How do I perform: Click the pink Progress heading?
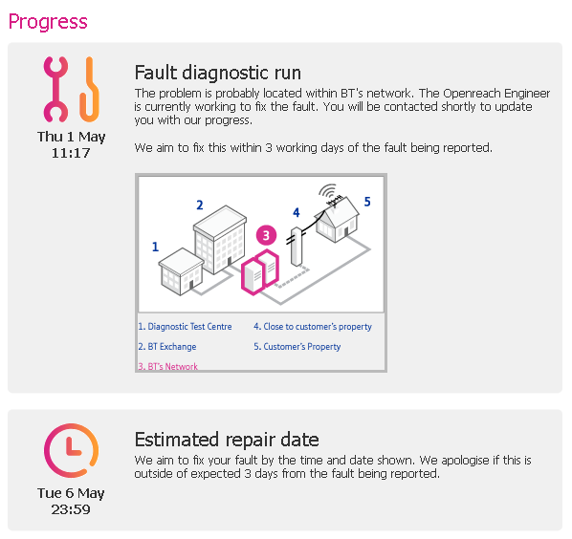48,22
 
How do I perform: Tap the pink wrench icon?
55,89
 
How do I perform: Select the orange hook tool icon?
89,89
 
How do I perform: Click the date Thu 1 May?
71,137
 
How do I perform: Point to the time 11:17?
71,153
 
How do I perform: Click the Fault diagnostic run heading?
218,73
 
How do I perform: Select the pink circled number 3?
266,235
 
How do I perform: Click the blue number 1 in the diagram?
155,247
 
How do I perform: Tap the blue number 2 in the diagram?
200,205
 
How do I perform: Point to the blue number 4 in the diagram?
297,212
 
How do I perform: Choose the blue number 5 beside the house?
367,202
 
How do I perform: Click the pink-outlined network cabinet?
260,271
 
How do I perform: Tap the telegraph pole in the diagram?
297,247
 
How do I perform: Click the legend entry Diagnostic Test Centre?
185,327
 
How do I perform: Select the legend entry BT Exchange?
167,347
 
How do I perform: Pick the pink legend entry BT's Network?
167,366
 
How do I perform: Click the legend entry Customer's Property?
297,347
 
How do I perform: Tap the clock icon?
71,450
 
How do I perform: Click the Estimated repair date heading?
227,440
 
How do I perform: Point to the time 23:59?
71,509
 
